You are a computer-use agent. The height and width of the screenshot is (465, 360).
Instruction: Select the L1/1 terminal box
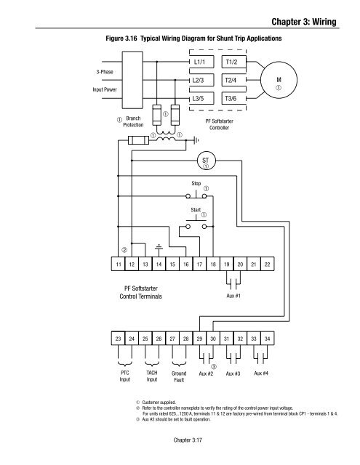(x=204, y=63)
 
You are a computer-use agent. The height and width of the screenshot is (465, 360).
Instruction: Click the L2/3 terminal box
(x=204, y=80)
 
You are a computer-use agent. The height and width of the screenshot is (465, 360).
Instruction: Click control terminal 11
(x=119, y=265)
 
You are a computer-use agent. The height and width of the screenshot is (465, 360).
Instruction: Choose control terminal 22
(x=268, y=265)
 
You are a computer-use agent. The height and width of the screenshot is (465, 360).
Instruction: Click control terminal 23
(x=119, y=338)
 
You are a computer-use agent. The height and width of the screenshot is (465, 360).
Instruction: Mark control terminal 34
(x=268, y=338)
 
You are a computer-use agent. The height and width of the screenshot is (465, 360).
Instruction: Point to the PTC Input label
(x=125, y=375)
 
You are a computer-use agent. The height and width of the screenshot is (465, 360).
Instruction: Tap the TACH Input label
(x=152, y=375)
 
